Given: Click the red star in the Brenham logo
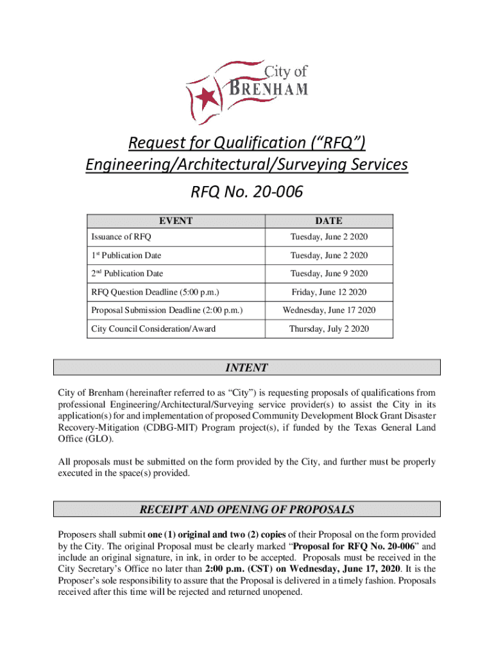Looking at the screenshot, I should pos(207,98).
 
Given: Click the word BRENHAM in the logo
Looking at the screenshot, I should pos(269,88).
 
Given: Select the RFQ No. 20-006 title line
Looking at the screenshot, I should pos(247,191).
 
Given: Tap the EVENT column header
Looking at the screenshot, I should pos(176,220).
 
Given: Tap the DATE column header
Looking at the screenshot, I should pos(329,220).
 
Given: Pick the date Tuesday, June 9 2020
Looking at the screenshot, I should pos(329,273).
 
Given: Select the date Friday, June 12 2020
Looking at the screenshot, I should pos(329,292).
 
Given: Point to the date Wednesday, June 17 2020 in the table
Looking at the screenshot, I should pos(329,311).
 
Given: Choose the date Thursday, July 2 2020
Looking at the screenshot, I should pos(329,328).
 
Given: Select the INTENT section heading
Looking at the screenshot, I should pos(246,368).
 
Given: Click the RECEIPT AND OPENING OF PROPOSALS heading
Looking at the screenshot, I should pos(246,510).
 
